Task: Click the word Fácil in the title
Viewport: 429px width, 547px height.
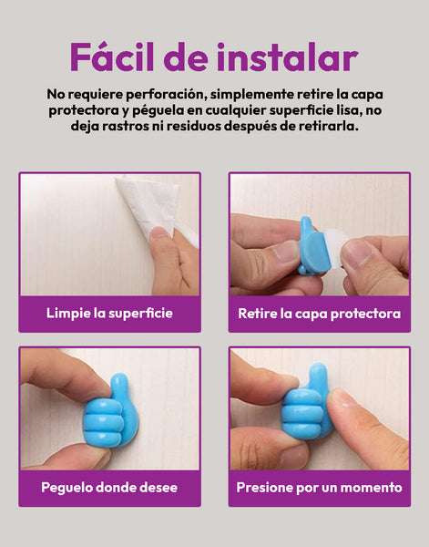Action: [x=111, y=57]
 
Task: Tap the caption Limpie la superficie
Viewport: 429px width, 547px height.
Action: [x=110, y=313]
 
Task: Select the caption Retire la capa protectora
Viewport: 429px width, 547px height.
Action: [x=319, y=314]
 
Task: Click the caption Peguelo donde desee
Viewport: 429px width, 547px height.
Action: [x=109, y=488]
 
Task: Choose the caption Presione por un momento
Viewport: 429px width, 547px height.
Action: [x=319, y=488]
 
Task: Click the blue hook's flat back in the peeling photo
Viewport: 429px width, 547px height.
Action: [x=316, y=252]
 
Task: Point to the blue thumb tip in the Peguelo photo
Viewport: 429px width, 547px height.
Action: [x=119, y=381]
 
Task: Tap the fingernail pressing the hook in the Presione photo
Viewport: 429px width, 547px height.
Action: [x=340, y=398]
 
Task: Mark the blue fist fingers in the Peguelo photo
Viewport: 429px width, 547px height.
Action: [x=104, y=423]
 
